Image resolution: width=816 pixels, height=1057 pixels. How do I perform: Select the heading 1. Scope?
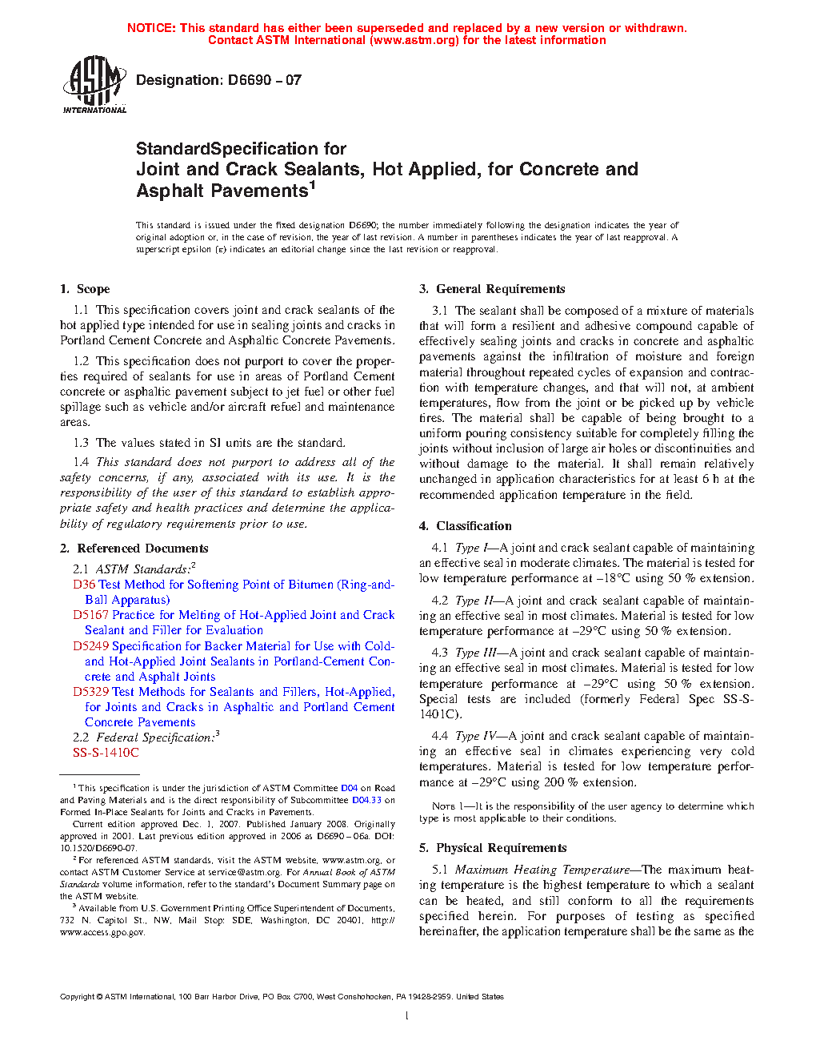[85, 289]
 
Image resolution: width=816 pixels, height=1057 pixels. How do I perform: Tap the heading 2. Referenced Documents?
[134, 549]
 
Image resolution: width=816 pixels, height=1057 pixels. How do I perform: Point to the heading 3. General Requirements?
[492, 289]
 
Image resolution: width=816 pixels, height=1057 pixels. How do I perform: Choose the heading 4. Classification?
[466, 526]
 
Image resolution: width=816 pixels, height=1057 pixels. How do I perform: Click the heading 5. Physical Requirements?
[493, 848]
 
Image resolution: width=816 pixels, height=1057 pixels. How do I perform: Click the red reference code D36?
[84, 585]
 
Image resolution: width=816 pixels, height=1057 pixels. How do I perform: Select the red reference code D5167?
[90, 615]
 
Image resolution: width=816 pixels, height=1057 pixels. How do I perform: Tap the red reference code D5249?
[90, 646]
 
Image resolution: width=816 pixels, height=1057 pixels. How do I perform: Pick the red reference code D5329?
[90, 692]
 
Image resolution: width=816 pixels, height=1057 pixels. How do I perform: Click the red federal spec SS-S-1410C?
[106, 753]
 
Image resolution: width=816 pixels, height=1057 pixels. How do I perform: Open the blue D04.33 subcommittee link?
[366, 800]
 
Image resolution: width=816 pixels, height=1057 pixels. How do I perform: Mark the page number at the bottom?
[407, 1016]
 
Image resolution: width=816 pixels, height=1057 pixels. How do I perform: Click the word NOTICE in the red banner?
[151, 28]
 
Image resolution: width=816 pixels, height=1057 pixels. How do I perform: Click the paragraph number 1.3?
[81, 443]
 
